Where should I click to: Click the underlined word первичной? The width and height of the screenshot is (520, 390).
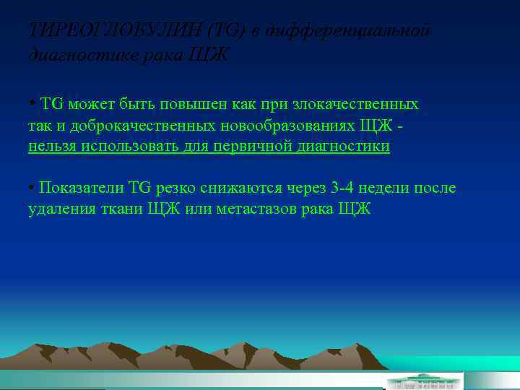(x=230, y=147)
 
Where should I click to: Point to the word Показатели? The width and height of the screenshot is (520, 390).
(x=82, y=188)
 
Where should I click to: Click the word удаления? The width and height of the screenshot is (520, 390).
(x=58, y=209)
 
